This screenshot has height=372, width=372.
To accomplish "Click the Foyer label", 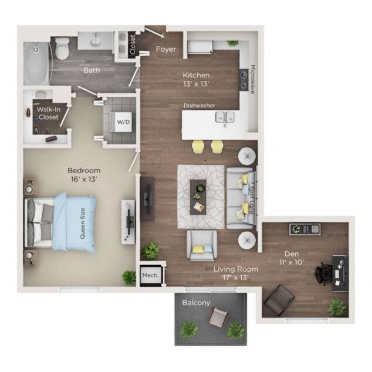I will [165, 49].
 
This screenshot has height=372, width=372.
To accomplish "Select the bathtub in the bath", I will [36, 65].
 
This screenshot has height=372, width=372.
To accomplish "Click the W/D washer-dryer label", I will [124, 122].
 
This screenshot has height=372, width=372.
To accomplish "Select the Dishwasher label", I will [199, 106].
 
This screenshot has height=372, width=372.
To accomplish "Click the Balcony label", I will [195, 302].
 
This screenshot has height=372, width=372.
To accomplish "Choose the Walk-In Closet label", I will [48, 113].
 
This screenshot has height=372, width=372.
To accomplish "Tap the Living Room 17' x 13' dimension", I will [236, 273].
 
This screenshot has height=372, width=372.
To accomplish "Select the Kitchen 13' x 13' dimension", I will [196, 80].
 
